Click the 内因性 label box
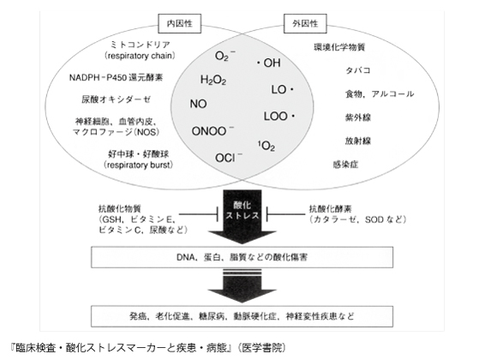pyautogui.click(x=180, y=23)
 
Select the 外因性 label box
pyautogui.click(x=305, y=23)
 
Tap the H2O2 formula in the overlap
pyautogui.click(x=213, y=80)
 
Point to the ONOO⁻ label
pyautogui.click(x=213, y=131)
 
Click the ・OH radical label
pyautogui.click(x=268, y=63)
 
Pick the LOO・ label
pyautogui.click(x=279, y=117)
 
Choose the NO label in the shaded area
pyautogui.click(x=198, y=104)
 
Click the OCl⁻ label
pyautogui.click(x=229, y=158)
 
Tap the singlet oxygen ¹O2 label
pyautogui.click(x=266, y=146)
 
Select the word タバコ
pyautogui.click(x=358, y=70)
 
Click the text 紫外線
pyautogui.click(x=358, y=117)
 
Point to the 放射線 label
pyautogui.click(x=358, y=141)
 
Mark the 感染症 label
pyautogui.click(x=345, y=165)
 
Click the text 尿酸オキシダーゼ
pyautogui.click(x=116, y=99)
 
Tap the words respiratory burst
pyautogui.click(x=139, y=165)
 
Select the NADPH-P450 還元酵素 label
pyautogui.click(x=116, y=77)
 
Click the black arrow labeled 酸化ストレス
pyautogui.click(x=242, y=217)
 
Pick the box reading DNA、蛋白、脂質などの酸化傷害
pyautogui.click(x=242, y=257)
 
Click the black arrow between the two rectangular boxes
pyautogui.click(x=242, y=286)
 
